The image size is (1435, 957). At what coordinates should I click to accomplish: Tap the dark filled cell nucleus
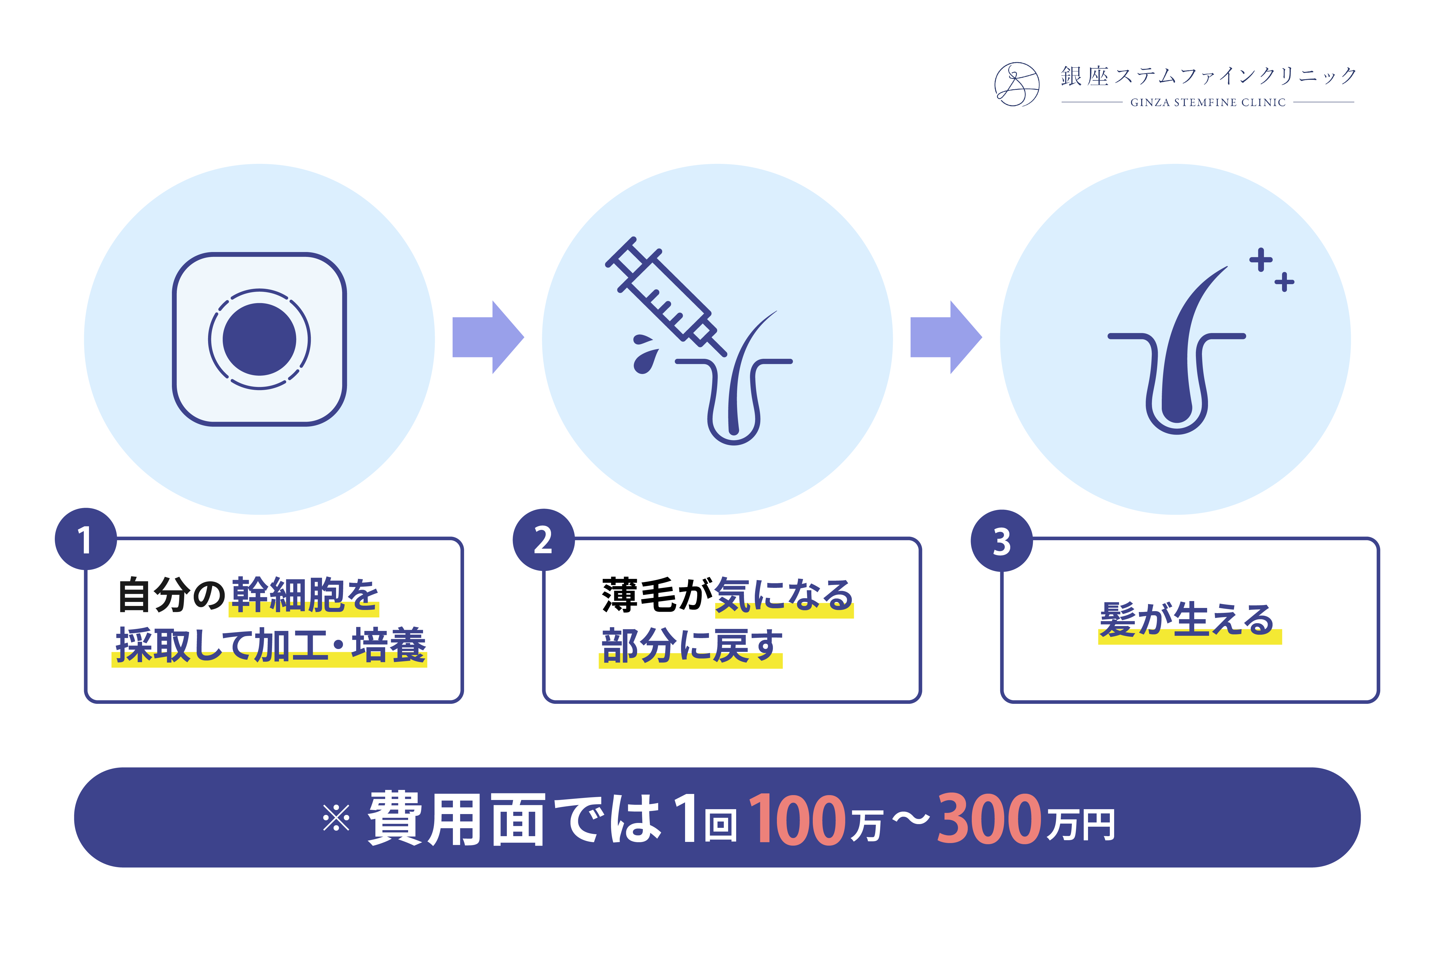click(x=259, y=339)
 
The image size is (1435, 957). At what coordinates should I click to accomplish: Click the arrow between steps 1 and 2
click(x=488, y=337)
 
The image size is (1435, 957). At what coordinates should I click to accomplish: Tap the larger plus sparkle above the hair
click(x=1261, y=260)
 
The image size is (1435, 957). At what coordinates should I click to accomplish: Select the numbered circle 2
click(x=544, y=540)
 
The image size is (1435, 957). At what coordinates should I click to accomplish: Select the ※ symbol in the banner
click(x=336, y=818)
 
